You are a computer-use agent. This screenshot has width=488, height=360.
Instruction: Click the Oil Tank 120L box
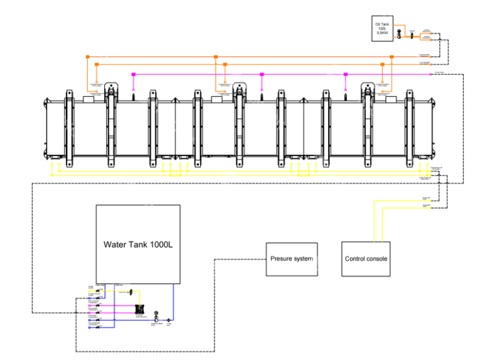click(381, 28)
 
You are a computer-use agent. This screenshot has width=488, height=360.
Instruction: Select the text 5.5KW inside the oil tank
click(381, 33)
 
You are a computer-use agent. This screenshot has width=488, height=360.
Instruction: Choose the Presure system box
click(292, 258)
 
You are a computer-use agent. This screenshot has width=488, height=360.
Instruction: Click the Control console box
click(366, 258)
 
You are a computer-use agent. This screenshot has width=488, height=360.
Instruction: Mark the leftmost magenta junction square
click(133, 74)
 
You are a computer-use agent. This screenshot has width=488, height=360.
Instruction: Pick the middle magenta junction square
click(262, 74)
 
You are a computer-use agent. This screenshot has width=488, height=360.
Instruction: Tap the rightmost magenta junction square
click(345, 74)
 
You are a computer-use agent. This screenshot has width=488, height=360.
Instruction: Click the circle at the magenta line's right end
click(431, 74)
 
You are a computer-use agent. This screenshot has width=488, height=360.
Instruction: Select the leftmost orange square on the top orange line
click(86, 56)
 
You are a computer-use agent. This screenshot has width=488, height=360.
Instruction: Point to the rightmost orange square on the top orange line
click(392, 56)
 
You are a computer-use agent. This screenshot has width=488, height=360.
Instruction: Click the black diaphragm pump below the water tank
click(140, 306)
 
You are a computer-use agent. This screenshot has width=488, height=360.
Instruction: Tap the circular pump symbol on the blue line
click(156, 313)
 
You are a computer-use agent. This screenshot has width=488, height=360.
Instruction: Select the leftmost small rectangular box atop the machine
click(88, 99)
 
